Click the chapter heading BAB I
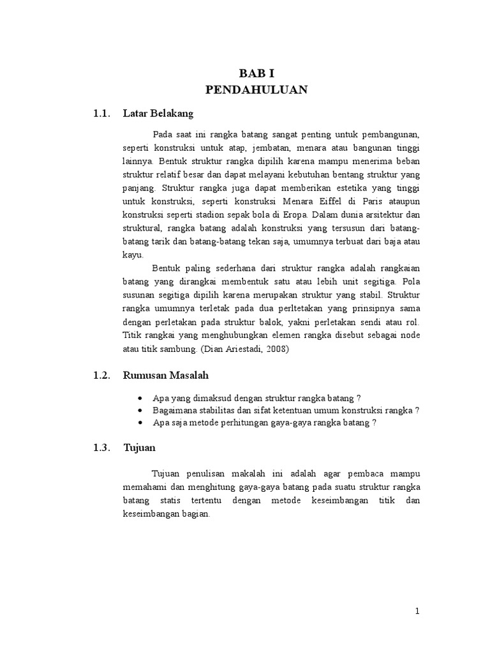(x=256, y=73)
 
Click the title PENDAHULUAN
(x=256, y=89)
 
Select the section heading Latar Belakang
(x=158, y=114)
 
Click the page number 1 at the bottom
(x=417, y=611)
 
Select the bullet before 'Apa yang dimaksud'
(x=140, y=397)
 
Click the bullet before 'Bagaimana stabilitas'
(x=140, y=410)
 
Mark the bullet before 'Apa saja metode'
(x=140, y=423)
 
